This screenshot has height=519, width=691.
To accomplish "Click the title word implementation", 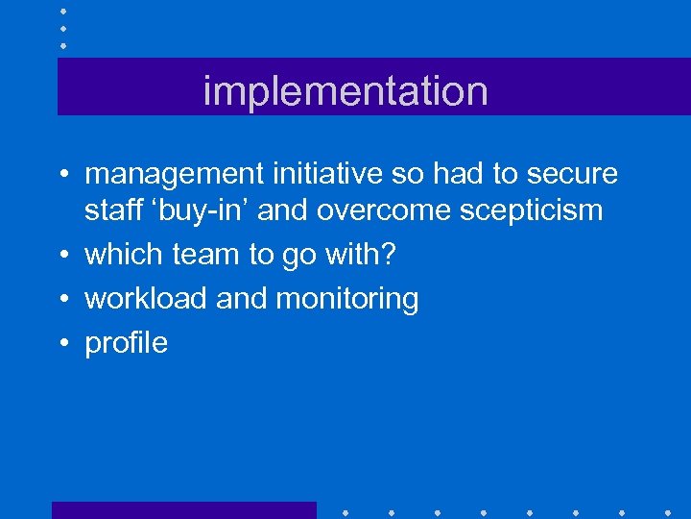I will (345, 91).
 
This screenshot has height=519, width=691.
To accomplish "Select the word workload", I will (146, 299).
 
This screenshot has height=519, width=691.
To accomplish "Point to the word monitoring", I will (347, 299).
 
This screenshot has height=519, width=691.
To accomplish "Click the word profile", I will (126, 343).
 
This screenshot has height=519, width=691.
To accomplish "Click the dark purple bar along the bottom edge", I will (183, 510).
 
